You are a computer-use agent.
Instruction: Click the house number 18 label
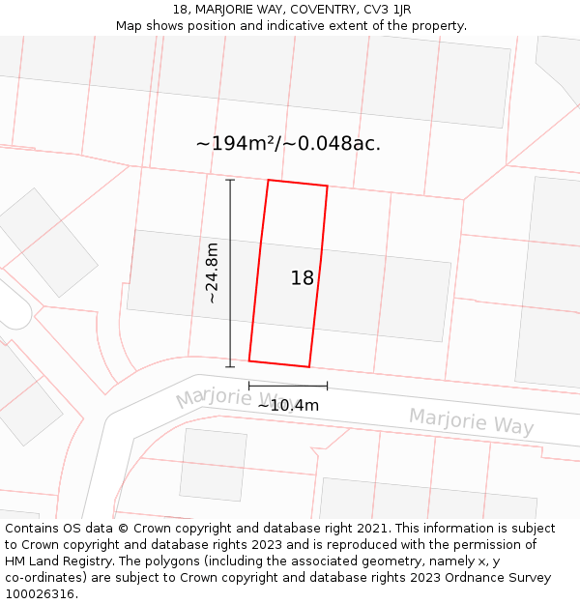pos(302,278)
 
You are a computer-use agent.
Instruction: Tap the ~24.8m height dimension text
pos(212,273)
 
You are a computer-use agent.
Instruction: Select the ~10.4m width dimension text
pos(287,406)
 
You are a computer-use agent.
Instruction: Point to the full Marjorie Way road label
pos(471,421)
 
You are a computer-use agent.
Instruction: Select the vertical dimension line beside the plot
pos(230,273)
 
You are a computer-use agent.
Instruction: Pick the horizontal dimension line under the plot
pos(287,386)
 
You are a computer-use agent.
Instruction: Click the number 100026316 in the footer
pos(38,594)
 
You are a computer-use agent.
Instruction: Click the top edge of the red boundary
pos(297,183)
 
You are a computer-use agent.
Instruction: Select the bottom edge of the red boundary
pos(278,364)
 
